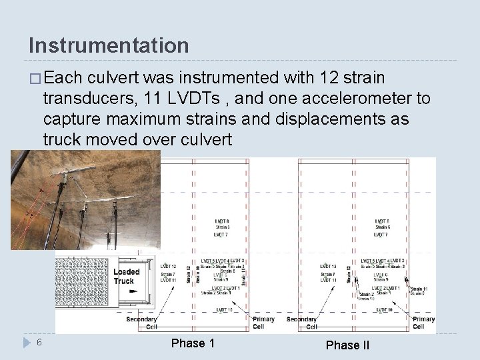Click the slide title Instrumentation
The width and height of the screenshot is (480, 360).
(x=109, y=46)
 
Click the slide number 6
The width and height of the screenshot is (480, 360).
(x=40, y=343)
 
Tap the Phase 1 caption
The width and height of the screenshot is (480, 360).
(x=193, y=343)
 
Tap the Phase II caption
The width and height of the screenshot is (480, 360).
(x=347, y=345)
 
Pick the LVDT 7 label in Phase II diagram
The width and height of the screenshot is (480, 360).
(x=381, y=235)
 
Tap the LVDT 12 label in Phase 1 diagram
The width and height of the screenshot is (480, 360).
(x=168, y=267)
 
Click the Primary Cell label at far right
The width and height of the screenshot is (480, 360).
(x=423, y=323)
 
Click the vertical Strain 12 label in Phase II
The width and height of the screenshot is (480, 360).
(x=347, y=273)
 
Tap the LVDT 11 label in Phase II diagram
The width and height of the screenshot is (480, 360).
(x=327, y=281)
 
